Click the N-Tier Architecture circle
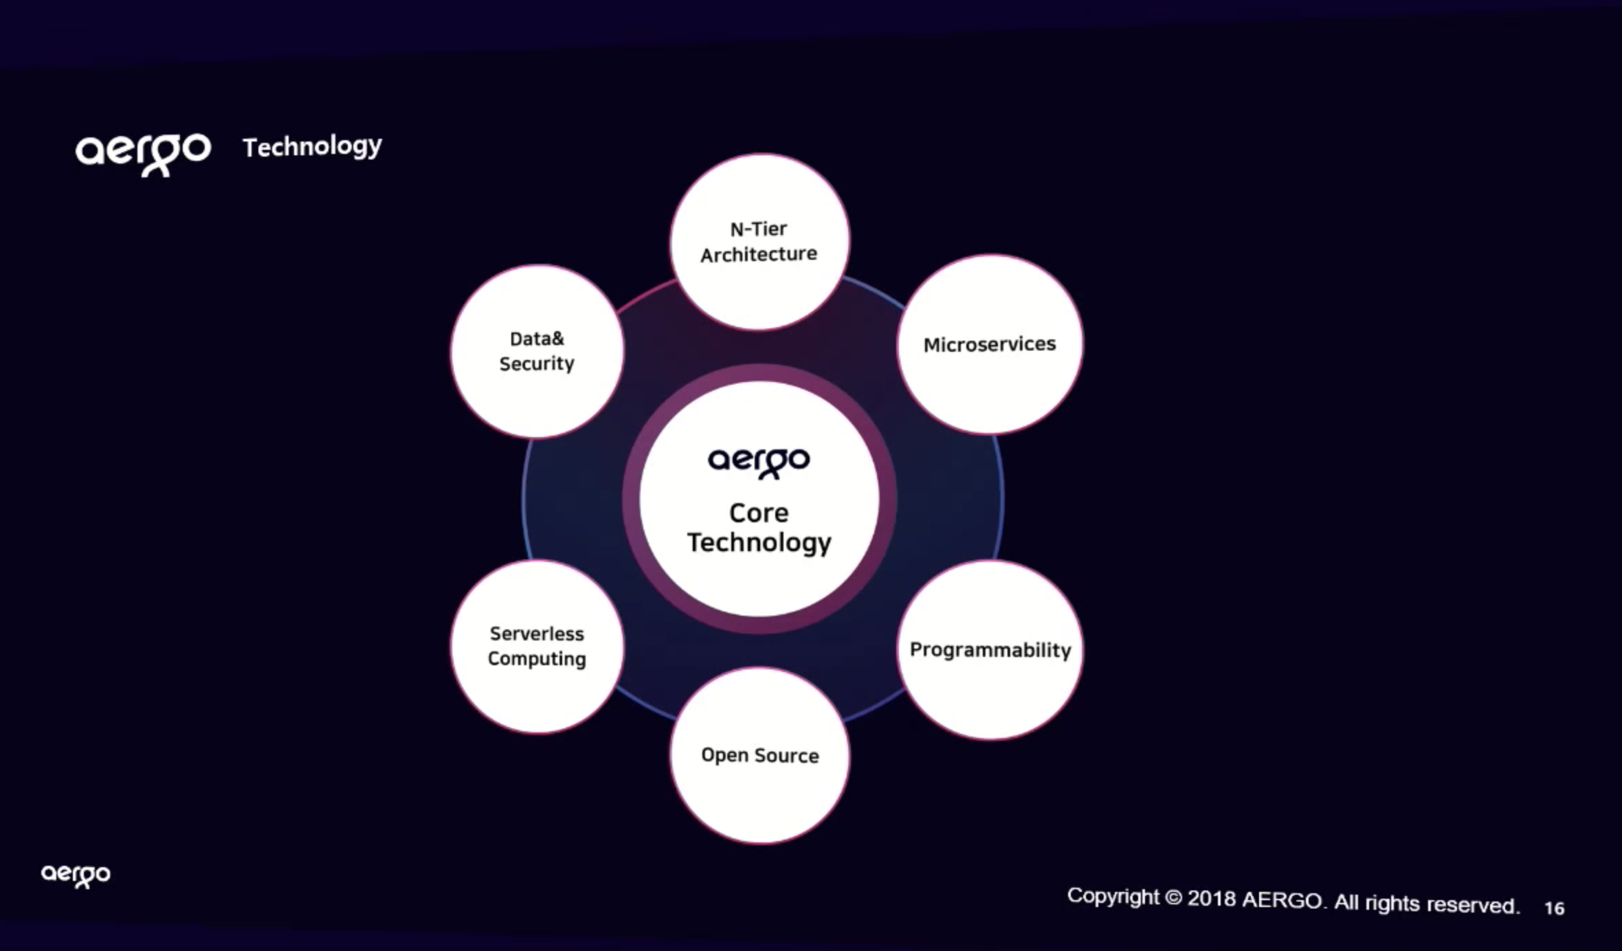759,242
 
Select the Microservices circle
990,344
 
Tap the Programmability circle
990,650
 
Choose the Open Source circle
759,755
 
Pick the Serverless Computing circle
537,647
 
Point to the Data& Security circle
537,351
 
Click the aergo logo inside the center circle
759,462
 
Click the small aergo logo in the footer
76,875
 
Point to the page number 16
1554,908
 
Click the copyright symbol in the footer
1173,897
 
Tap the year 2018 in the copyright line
1212,899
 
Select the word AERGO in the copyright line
1282,901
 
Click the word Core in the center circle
759,513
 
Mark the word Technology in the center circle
759,544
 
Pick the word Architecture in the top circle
759,255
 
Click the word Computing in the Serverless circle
537,659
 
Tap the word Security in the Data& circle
537,364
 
